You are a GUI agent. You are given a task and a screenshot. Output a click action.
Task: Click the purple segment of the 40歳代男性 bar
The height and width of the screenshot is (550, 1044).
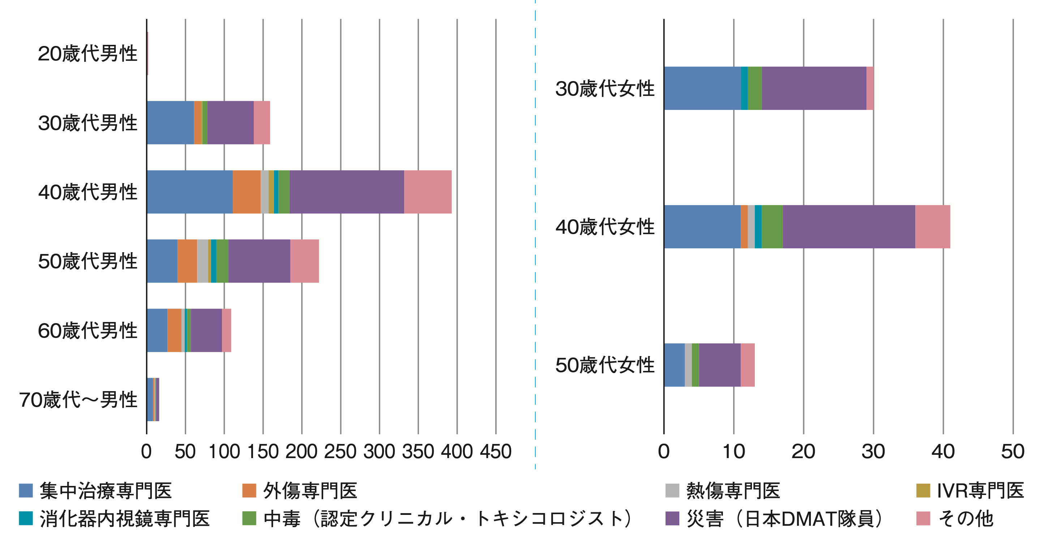(347, 192)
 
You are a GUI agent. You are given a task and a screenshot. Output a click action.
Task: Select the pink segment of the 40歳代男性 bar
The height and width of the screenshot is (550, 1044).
(428, 192)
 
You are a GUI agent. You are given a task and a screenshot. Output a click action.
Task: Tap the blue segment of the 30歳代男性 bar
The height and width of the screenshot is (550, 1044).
(170, 123)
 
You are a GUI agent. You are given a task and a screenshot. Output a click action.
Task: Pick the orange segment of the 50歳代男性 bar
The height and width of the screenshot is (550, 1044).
(187, 261)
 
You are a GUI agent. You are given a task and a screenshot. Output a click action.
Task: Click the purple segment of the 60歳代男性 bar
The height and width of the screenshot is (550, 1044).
(206, 330)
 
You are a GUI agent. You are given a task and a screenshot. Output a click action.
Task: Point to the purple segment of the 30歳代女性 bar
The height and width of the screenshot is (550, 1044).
(814, 88)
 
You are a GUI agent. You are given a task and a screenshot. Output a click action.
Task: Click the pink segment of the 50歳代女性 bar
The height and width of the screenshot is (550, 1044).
(747, 365)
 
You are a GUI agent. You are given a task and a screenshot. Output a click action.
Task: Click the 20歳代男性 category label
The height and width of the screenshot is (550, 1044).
(87, 54)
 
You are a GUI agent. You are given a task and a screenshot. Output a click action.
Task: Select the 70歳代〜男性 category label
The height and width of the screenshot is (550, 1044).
(78, 400)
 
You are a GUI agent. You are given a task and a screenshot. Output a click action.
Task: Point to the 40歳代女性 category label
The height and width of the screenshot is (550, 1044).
(605, 227)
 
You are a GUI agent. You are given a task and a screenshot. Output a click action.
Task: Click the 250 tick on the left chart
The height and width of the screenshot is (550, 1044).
(341, 452)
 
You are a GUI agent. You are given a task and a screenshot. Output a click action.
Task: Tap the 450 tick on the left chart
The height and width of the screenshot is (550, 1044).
(496, 452)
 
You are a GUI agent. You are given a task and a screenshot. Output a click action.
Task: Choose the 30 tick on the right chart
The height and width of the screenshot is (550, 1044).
(873, 452)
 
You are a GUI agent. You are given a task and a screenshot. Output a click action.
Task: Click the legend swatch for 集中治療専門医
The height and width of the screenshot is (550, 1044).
(26, 490)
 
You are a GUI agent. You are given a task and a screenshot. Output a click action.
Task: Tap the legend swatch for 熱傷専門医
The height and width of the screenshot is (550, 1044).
(672, 490)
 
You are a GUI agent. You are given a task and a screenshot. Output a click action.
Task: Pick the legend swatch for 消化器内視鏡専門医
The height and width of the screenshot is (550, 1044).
(26, 519)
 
